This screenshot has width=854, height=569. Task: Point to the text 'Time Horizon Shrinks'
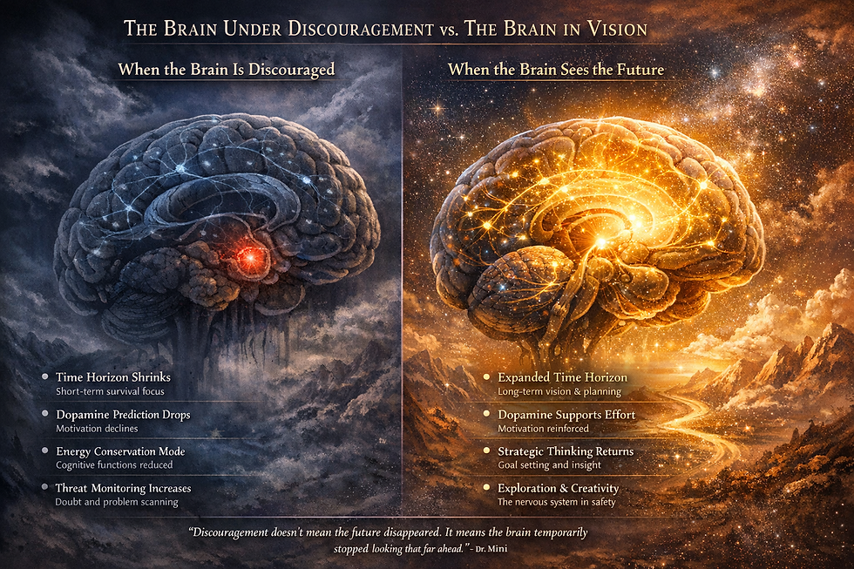tap(112, 377)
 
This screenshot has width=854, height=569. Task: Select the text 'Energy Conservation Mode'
tap(120, 451)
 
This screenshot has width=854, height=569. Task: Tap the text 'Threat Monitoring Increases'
tap(123, 488)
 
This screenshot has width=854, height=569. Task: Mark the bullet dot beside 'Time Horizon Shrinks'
tap(44, 378)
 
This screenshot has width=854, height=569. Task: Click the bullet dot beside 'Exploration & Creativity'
tap(486, 489)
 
